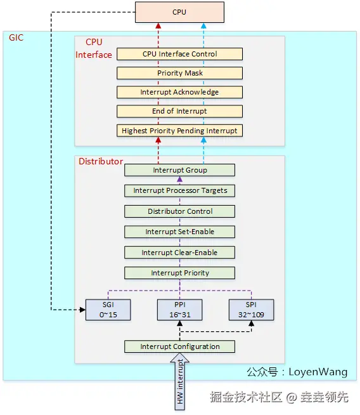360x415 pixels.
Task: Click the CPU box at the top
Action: (179, 12)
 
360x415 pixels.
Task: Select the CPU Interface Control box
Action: (179, 54)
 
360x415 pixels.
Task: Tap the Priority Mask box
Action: (179, 73)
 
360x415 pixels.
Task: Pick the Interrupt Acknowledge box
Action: (179, 92)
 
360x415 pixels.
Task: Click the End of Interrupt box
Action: (179, 111)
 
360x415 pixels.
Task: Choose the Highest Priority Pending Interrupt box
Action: (179, 131)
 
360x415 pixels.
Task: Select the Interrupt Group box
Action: (179, 170)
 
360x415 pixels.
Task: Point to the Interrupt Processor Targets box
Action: (179, 190)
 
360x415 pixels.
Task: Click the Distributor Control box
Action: (179, 211)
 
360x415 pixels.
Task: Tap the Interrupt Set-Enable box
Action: (179, 232)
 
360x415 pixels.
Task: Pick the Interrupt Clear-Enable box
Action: (179, 253)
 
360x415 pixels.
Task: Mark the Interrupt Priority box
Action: (179, 273)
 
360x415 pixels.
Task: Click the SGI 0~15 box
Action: (108, 310)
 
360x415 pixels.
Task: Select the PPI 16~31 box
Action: (180, 310)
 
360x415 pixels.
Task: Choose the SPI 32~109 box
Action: (251, 310)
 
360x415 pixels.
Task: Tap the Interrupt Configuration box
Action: (179, 346)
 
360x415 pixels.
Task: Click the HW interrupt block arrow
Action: (180, 383)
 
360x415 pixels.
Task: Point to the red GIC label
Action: (16, 37)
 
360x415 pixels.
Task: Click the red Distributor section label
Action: (101, 161)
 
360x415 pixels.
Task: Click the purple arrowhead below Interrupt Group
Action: (180, 179)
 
